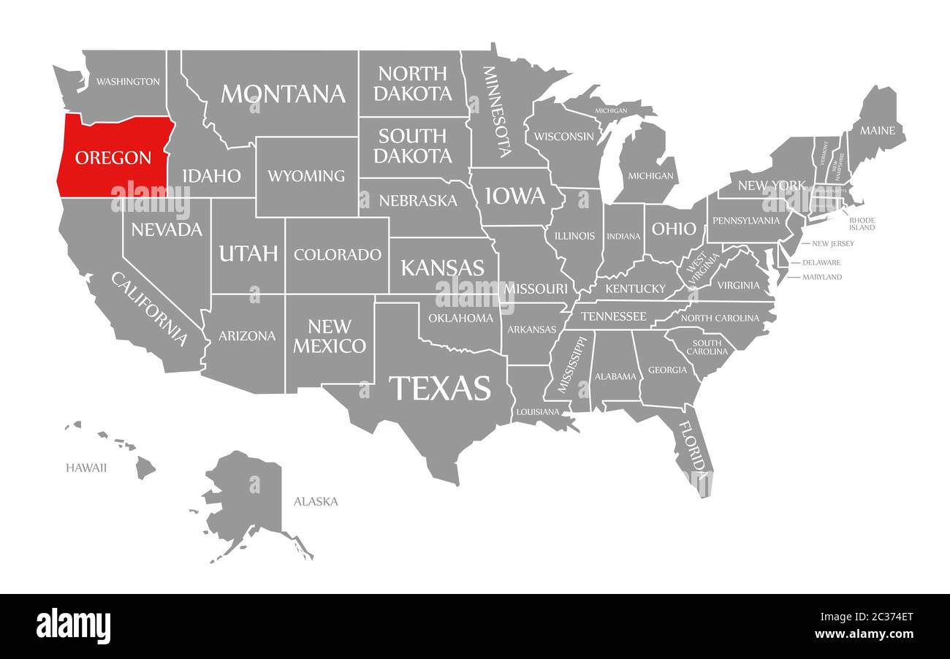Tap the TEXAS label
440,388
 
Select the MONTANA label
283,94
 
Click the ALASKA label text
316,501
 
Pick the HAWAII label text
86,468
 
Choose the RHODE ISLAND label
862,224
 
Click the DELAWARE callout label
821,262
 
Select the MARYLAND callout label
822,277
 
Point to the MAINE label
877,131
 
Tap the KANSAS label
442,267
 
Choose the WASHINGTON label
128,81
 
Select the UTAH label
248,254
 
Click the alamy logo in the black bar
74,626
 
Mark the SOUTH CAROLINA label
707,347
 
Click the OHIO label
674,229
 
